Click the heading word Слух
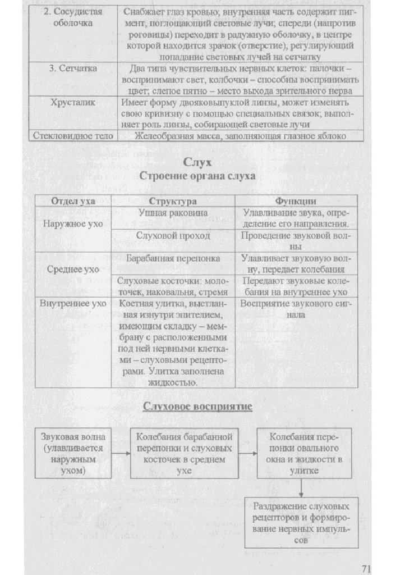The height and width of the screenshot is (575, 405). pyautogui.click(x=197, y=163)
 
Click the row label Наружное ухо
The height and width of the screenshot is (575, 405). pyautogui.click(x=73, y=224)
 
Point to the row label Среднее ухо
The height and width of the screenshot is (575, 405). pyautogui.click(x=73, y=270)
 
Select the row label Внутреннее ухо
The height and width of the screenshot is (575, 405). pyautogui.click(x=73, y=304)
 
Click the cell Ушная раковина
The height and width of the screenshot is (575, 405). pyautogui.click(x=173, y=213)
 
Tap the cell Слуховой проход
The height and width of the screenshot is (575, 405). pyautogui.click(x=173, y=236)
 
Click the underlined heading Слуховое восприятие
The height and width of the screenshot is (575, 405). pyautogui.click(x=197, y=406)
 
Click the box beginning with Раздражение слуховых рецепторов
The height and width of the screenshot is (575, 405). pyautogui.click(x=301, y=522)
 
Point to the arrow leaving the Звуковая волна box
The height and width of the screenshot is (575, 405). pyautogui.click(x=120, y=453)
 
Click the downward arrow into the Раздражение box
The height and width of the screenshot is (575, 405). pyautogui.click(x=301, y=489)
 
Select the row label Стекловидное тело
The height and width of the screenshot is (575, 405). pyautogui.click(x=73, y=136)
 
